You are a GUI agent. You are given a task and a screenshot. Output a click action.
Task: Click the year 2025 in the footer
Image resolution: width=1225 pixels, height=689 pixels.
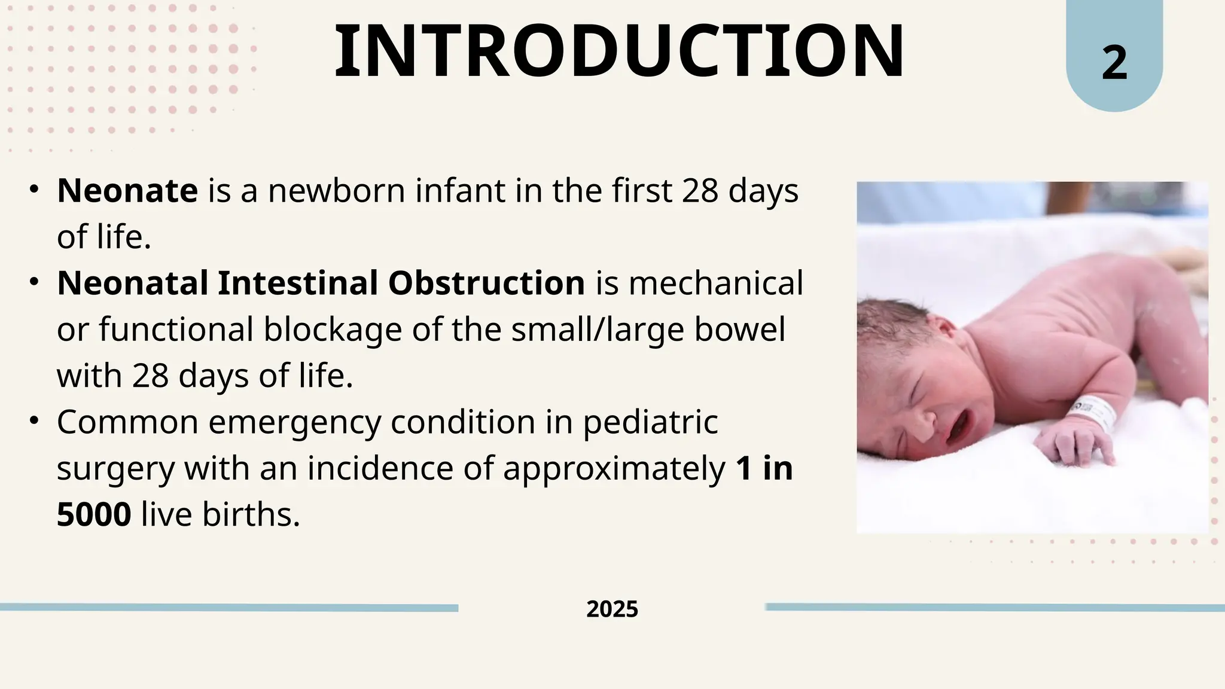coord(612,609)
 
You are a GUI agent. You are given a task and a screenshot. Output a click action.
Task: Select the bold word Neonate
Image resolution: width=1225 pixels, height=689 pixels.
coord(127,191)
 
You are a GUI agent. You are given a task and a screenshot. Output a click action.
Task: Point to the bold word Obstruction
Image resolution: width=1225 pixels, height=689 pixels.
coord(486,283)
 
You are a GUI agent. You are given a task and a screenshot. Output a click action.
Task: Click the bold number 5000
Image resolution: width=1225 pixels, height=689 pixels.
coord(94,514)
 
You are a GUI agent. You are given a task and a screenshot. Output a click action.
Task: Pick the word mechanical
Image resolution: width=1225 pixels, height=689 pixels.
coord(715,283)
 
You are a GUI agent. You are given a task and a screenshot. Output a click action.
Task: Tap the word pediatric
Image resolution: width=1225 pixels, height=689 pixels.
coord(650,422)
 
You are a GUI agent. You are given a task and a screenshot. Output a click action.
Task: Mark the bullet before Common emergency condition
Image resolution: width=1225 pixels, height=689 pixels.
coord(34,420)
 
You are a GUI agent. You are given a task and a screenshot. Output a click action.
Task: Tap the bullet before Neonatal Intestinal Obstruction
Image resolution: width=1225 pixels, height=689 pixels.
coord(34,281)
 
